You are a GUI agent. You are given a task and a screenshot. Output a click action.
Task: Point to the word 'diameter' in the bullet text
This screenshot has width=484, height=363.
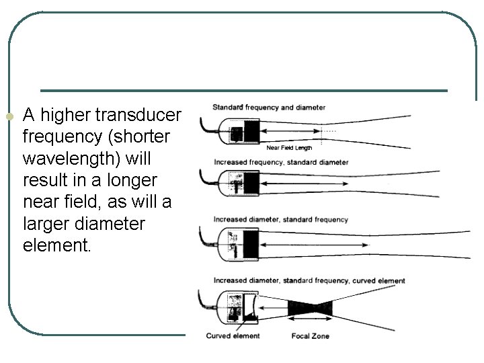pos(113,224)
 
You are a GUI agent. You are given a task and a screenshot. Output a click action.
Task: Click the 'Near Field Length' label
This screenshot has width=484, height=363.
pos(289,147)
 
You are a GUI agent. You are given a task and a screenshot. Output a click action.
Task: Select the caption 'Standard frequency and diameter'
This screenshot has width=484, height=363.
pos(269,107)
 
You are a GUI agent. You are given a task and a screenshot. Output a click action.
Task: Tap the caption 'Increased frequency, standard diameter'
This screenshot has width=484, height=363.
pos(280,162)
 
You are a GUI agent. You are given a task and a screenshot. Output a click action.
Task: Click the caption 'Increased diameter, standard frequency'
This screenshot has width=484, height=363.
pos(280,219)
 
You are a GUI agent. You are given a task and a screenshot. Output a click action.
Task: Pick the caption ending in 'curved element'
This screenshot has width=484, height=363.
pos(309,280)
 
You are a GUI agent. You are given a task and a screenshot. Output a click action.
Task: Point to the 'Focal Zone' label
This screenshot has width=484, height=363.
pos(310,335)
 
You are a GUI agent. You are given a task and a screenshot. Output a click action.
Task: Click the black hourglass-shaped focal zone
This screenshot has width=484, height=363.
pos(310,309)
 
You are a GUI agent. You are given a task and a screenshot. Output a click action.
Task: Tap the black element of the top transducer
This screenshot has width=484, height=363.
pos(251,130)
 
